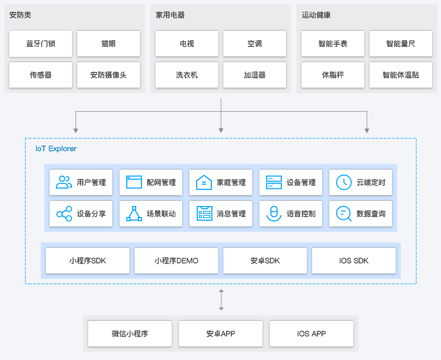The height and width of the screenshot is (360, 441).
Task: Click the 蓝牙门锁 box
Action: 41,44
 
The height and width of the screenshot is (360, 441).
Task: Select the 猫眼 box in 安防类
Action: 109,44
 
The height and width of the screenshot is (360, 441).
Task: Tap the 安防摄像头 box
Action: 109,75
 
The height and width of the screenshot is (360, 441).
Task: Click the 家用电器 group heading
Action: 170,15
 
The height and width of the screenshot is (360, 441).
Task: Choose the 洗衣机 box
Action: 187,75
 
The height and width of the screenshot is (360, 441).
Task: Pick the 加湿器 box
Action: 255,75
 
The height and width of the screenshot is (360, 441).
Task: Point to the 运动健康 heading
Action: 316,15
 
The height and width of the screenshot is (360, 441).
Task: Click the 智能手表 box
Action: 333,44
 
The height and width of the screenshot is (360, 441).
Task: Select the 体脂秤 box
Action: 333,75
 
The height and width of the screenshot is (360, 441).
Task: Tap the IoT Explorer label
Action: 56,149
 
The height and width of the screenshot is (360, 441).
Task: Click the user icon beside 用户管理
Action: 64,182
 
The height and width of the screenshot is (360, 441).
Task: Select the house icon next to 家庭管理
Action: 204,182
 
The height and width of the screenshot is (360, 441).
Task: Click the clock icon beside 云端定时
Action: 343,182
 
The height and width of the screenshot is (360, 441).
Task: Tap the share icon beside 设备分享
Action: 64,213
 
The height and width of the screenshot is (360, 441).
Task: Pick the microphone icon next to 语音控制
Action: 273,213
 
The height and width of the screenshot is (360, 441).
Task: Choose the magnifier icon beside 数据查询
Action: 343,213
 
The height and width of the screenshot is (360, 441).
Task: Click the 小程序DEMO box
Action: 176,260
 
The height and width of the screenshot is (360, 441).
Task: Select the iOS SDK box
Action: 354,260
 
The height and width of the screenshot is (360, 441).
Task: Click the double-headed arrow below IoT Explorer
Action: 221,299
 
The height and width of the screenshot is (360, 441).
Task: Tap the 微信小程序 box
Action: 130,333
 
